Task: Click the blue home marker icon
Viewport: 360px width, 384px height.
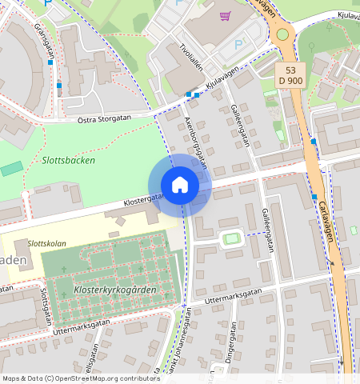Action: [180, 186]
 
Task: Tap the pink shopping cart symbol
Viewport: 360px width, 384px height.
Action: [226, 15]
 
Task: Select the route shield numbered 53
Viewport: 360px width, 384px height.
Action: [290, 70]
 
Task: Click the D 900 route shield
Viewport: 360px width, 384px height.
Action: [290, 82]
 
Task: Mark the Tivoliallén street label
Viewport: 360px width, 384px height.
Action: [192, 58]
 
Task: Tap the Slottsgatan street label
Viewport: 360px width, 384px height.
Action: [45, 303]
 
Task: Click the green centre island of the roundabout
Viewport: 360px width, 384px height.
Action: [282, 34]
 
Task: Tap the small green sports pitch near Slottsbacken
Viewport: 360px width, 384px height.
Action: [11, 168]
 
